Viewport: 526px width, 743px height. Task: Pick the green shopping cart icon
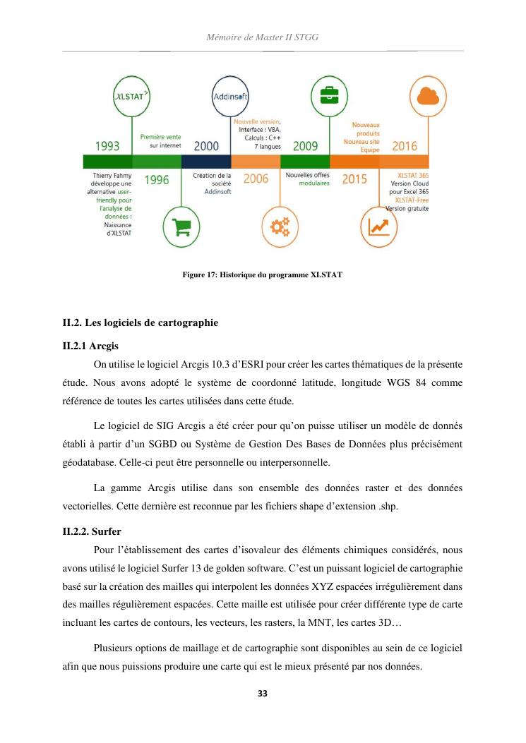181,224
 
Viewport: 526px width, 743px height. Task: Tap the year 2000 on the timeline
205,147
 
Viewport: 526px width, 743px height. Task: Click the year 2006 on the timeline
256,179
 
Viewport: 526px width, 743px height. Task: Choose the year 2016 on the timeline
404,147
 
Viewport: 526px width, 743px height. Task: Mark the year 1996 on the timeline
157,180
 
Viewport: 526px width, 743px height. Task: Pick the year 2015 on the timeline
354,179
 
